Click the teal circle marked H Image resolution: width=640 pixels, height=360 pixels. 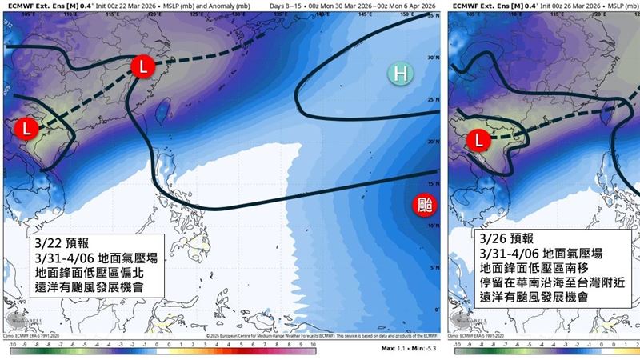click(400, 74)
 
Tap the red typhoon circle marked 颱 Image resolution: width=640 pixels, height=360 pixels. click(426, 205)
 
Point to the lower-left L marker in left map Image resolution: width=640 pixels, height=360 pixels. click(25, 128)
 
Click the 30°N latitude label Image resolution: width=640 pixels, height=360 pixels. click(434, 58)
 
